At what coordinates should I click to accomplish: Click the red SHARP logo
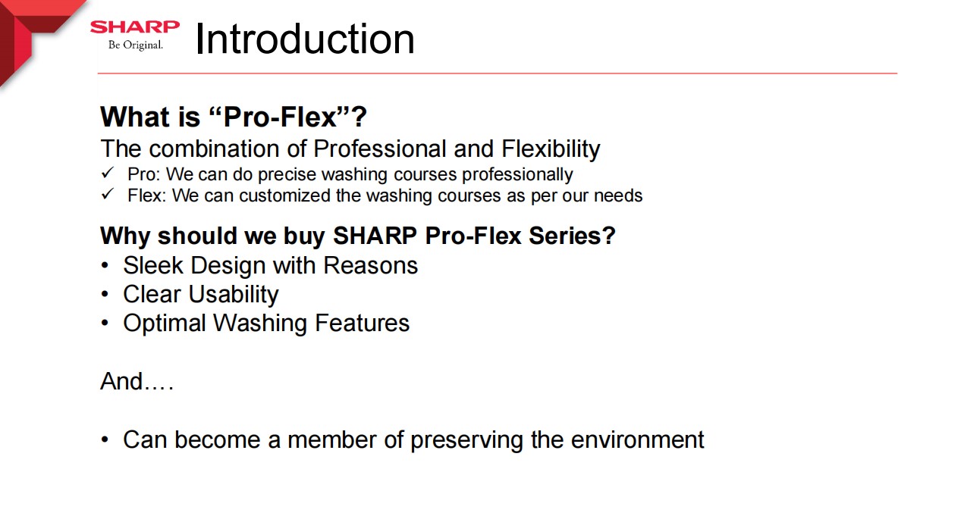tap(135, 27)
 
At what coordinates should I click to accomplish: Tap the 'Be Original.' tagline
tap(136, 45)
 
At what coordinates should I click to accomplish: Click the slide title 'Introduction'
tap(305, 39)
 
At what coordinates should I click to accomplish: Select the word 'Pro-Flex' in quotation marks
tap(280, 117)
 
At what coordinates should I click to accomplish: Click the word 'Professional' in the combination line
tap(379, 149)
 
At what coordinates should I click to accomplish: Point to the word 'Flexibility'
tap(551, 149)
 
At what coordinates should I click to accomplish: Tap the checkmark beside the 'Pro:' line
tap(108, 173)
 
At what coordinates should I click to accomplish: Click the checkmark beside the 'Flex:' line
tap(108, 194)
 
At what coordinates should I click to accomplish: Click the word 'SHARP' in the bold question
tap(375, 236)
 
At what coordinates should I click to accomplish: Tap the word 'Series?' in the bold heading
tap(572, 236)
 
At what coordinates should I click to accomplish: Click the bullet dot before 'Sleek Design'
tap(105, 265)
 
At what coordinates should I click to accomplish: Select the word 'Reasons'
tap(370, 265)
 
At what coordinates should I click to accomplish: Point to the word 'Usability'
tap(234, 295)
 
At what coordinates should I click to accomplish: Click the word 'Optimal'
tap(165, 324)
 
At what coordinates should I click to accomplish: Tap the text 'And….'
tap(137, 381)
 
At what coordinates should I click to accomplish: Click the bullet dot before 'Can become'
tap(105, 439)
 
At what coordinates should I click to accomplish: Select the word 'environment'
tap(637, 440)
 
